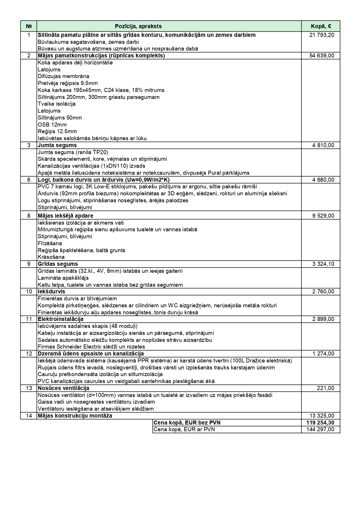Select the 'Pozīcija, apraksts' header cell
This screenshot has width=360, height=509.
[138, 26]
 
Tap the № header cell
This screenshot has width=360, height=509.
[29, 26]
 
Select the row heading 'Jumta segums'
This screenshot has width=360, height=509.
[57, 145]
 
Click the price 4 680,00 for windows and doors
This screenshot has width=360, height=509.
[323, 180]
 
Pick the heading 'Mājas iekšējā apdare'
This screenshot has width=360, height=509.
[66, 216]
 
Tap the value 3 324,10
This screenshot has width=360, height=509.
[323, 264]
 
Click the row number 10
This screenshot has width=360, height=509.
[29, 292]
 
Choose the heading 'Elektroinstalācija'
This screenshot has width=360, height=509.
[61, 319]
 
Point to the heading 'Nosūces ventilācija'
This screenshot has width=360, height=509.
[64, 388]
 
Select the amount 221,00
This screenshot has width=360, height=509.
[325, 388]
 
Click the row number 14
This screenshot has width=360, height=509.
[29, 416]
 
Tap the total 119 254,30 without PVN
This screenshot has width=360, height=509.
[320, 423]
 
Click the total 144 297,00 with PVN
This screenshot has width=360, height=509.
[320, 429]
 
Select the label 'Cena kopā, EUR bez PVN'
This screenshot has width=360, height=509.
[187, 423]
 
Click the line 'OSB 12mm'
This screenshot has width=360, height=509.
[52, 125]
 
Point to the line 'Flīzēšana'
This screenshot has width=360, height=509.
[50, 243]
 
